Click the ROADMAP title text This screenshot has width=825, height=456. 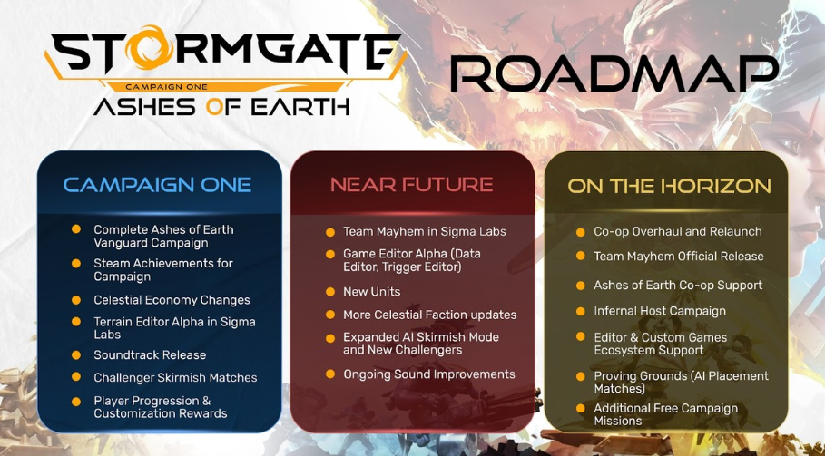tap(614, 73)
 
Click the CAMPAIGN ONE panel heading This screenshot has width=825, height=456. tap(157, 184)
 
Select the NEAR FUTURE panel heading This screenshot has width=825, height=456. tap(411, 184)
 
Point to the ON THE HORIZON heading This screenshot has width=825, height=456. tap(669, 186)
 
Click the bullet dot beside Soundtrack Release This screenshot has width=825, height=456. tap(76, 355)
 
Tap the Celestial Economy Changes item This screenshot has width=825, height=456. tap(172, 300)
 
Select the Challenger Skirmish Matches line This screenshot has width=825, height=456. tap(175, 377)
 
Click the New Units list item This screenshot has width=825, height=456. tap(371, 292)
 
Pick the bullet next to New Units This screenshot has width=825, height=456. tap(330, 292)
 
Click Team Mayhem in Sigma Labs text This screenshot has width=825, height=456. tap(425, 232)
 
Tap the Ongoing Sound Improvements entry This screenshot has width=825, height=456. tap(428, 374)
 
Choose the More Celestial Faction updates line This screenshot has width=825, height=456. tap(430, 315)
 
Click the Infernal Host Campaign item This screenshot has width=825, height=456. tap(660, 311)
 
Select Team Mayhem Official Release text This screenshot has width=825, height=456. tap(679, 257)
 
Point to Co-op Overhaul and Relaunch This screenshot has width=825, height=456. tap(678, 231)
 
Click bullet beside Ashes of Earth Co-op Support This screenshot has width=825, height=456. tap(580, 286)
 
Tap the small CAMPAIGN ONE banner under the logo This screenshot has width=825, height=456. tap(167, 87)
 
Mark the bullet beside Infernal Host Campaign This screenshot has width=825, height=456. tap(580, 311)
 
